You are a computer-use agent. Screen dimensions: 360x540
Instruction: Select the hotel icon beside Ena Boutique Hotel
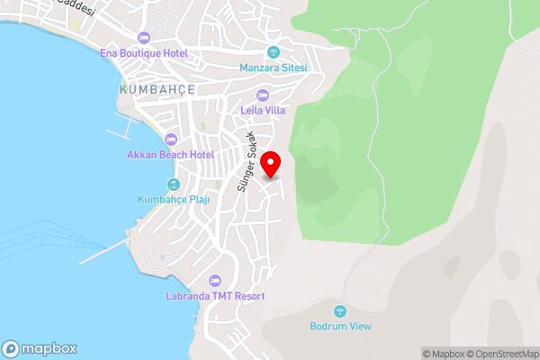click(x=143, y=38)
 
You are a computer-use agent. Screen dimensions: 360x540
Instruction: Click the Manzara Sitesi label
click(x=274, y=67)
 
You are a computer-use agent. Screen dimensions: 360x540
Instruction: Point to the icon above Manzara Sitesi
click(x=274, y=51)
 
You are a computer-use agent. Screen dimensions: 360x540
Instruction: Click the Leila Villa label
click(x=263, y=111)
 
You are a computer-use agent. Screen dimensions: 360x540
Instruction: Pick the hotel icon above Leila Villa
click(x=263, y=95)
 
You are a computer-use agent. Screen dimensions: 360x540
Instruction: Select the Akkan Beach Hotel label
click(x=169, y=155)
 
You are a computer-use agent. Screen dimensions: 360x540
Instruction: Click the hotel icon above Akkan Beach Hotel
click(x=169, y=139)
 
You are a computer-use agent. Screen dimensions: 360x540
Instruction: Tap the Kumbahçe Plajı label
click(x=174, y=200)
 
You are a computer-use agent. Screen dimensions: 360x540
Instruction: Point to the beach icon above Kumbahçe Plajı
click(x=174, y=184)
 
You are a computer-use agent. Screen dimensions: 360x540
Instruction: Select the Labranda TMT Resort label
click(x=214, y=295)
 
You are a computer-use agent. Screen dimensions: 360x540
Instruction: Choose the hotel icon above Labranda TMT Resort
click(x=214, y=280)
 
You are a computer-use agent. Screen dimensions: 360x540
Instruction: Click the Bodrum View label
click(x=340, y=326)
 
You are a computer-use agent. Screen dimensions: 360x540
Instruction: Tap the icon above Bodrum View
click(x=340, y=310)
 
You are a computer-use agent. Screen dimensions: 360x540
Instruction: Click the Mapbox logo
click(x=40, y=349)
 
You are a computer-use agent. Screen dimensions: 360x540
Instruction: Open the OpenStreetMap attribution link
click(x=502, y=354)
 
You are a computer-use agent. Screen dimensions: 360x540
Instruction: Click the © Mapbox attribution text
click(x=443, y=354)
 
